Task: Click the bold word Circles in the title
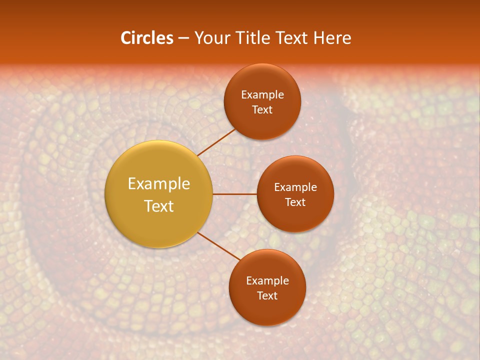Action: (147, 38)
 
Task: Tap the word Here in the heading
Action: (332, 38)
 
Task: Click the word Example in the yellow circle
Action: (158, 183)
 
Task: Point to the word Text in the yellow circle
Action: (158, 206)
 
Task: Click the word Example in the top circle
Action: (262, 94)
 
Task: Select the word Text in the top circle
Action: (262, 109)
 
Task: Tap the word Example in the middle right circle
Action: (295, 187)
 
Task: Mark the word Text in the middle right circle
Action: (295, 202)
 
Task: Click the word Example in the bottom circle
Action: (267, 280)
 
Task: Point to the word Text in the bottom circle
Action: (267, 295)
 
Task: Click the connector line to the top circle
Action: (216, 142)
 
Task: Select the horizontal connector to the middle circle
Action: (235, 194)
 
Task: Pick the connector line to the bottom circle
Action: (218, 245)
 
